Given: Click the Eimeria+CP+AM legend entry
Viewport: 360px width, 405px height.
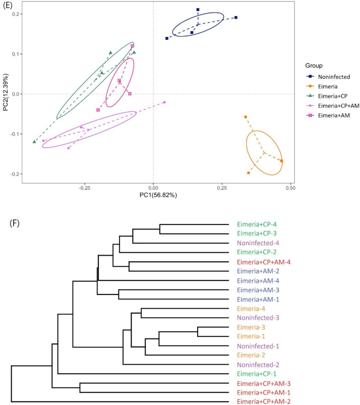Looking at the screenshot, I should click(336, 106).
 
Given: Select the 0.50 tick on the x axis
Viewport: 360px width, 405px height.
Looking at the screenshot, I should click(290, 188).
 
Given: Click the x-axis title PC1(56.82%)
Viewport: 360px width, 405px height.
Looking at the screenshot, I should click(153, 195).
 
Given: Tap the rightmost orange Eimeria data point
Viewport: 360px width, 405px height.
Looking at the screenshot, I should click(281, 161).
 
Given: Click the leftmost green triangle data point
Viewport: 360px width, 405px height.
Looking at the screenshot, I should click(34, 142).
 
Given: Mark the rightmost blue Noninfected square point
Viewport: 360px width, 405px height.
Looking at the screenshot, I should click(235, 18).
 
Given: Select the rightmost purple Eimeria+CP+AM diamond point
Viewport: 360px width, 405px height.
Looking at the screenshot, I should click(164, 102).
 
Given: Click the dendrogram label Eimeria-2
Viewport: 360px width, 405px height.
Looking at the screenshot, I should click(249, 355).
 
